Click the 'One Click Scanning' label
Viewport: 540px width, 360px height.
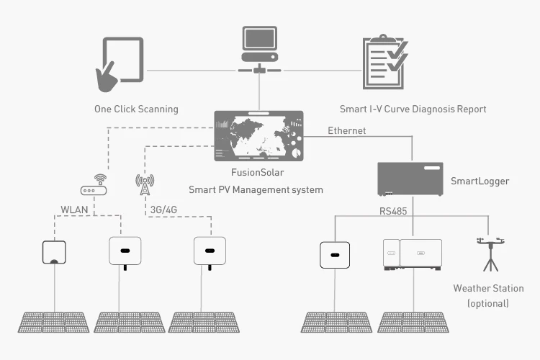(x=136, y=109)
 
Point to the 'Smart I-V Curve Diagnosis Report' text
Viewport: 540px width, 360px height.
(x=413, y=109)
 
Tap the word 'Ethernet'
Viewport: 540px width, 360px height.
(x=346, y=130)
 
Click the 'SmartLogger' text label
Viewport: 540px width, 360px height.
(x=480, y=181)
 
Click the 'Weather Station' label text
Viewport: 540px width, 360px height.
(x=488, y=289)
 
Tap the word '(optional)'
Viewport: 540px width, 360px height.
(x=488, y=303)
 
